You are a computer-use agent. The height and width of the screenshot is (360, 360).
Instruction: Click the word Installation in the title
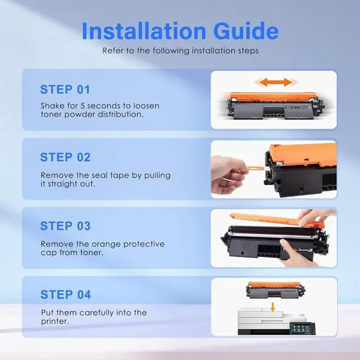pos(144,31)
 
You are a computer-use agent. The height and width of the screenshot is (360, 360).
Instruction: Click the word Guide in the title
pos(246,31)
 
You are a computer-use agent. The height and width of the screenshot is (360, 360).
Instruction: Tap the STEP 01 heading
pos(65,89)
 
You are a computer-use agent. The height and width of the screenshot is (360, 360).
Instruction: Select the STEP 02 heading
pos(65,157)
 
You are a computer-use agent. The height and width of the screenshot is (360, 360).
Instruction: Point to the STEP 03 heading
pos(65,226)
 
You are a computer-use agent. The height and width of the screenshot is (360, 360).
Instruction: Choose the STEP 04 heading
pos(66,295)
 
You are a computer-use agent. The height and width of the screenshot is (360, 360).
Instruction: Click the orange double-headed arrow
pos(276,82)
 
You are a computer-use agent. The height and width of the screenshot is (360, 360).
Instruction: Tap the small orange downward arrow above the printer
pos(272,307)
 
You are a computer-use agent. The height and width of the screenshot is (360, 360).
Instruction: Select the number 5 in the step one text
pos(83,106)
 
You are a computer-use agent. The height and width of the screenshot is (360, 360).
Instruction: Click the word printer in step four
pos(55,321)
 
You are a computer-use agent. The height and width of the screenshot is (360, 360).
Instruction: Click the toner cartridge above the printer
pos(275,290)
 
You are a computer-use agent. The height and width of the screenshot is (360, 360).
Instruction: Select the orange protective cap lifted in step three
pos(277,220)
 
